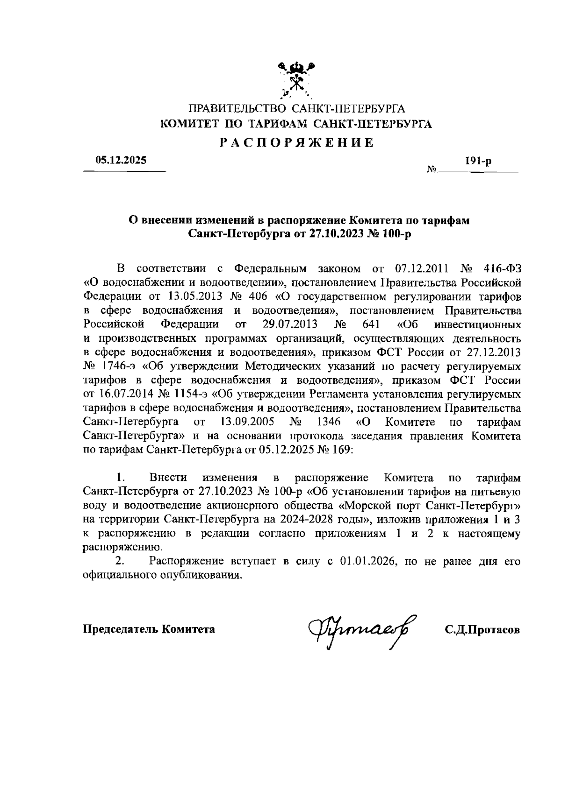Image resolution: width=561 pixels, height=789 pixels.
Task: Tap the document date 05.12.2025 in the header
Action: coord(121,161)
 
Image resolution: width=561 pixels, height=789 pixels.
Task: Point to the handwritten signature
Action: coord(362,629)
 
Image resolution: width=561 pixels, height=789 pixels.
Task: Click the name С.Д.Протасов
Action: coord(482,629)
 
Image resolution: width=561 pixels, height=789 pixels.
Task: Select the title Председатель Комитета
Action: coord(149,629)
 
